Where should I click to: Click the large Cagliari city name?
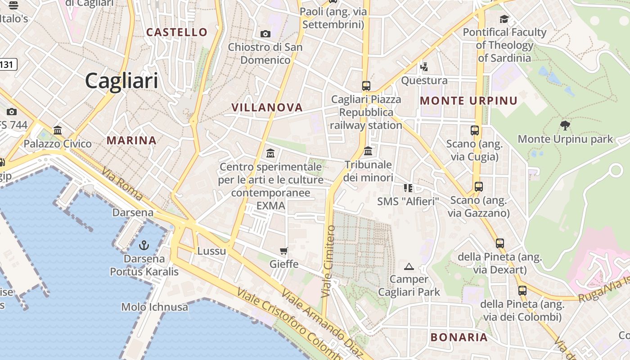click(121, 81)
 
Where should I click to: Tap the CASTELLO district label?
click(177, 32)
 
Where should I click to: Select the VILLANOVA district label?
click(267, 107)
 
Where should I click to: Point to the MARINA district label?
click(131, 140)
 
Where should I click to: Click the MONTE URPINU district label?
click(468, 101)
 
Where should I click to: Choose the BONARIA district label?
click(459, 337)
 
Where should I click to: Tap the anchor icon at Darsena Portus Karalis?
click(144, 245)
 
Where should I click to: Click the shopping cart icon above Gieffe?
click(283, 251)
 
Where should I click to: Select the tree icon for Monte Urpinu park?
click(565, 125)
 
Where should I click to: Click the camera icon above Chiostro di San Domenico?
click(265, 34)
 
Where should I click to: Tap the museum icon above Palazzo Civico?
click(58, 130)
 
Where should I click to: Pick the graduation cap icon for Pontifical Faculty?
click(504, 19)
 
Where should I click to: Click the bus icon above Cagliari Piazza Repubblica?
click(366, 85)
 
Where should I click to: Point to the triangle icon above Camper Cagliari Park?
click(409, 266)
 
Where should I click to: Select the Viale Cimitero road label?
click(328, 261)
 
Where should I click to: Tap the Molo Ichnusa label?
click(155, 307)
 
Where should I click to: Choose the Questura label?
click(424, 81)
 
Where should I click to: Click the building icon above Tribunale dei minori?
click(368, 151)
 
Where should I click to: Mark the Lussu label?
click(211, 251)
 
